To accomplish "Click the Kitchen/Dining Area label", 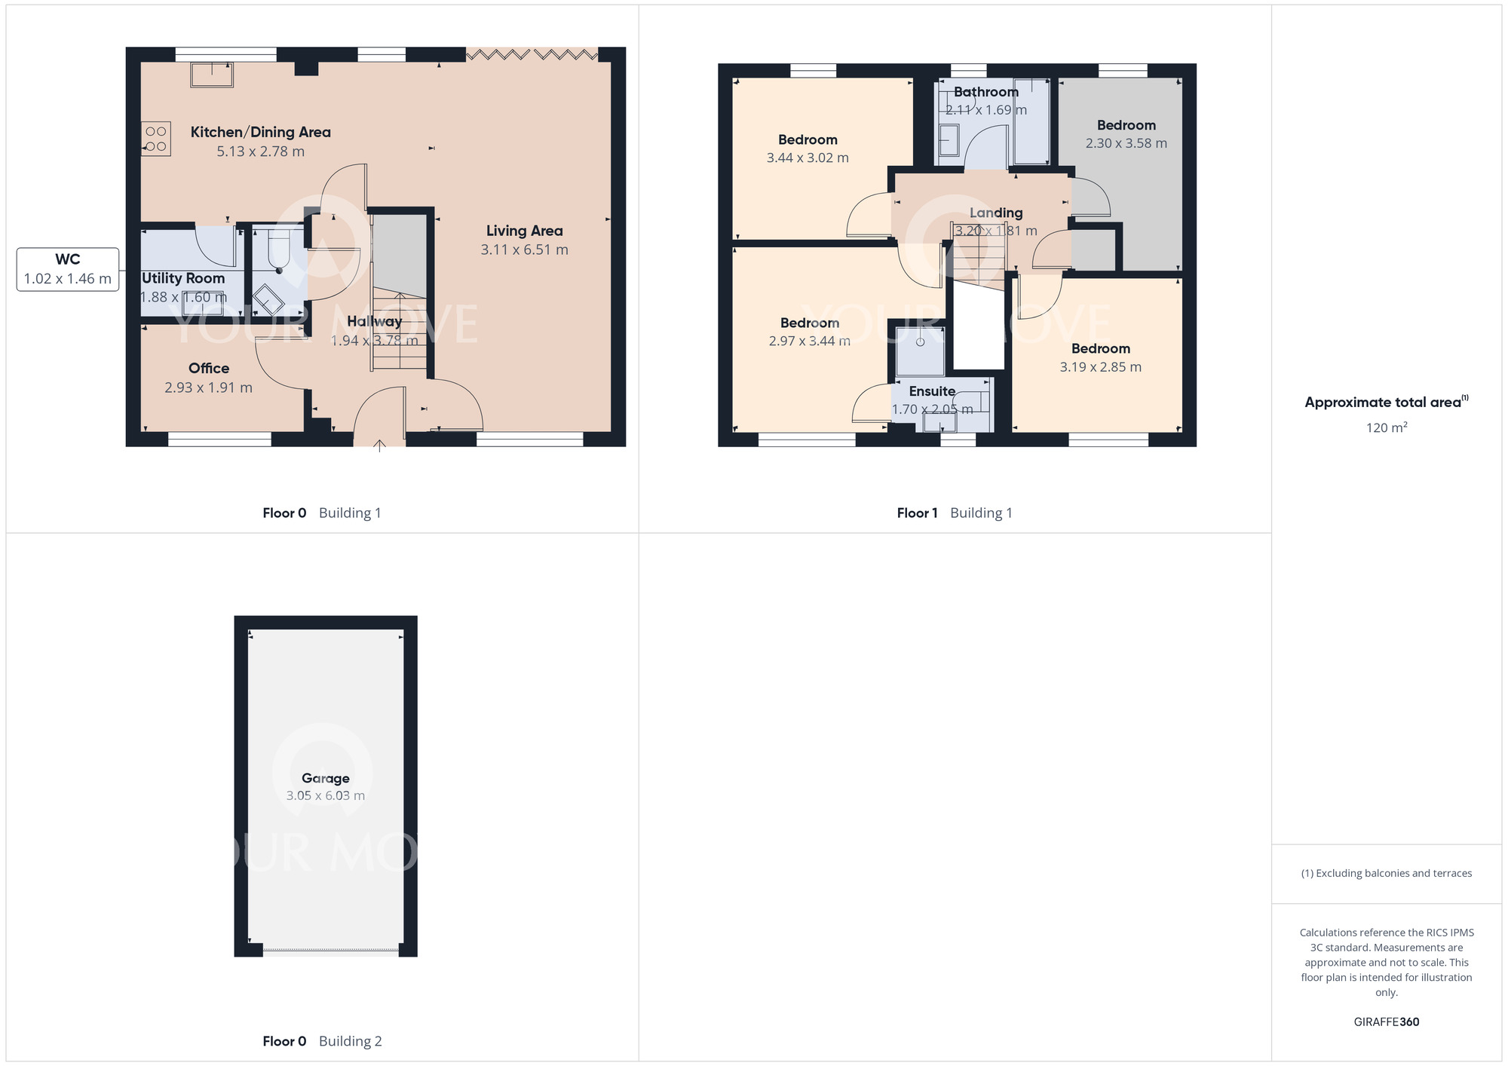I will (260, 132).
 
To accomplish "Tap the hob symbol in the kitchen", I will (156, 139).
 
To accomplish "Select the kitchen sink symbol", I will (212, 75).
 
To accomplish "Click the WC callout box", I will (68, 269).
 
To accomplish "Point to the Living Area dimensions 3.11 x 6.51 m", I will (524, 250).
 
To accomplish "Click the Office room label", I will (209, 368).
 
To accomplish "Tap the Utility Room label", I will (183, 278).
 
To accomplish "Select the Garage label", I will (325, 778).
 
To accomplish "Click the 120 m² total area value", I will (1386, 427).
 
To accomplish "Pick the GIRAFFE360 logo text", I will (1386, 1022).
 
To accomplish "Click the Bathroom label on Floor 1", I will (985, 92).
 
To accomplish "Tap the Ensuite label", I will (932, 391).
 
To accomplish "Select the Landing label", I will (995, 213).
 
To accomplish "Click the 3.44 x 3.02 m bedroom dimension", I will (808, 158).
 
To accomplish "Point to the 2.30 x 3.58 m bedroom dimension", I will (1126, 143).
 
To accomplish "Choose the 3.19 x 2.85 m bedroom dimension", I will (1100, 367).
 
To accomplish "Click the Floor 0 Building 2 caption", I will (322, 1041).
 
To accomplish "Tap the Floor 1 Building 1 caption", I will (954, 513).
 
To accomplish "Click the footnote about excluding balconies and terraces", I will (1386, 873).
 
